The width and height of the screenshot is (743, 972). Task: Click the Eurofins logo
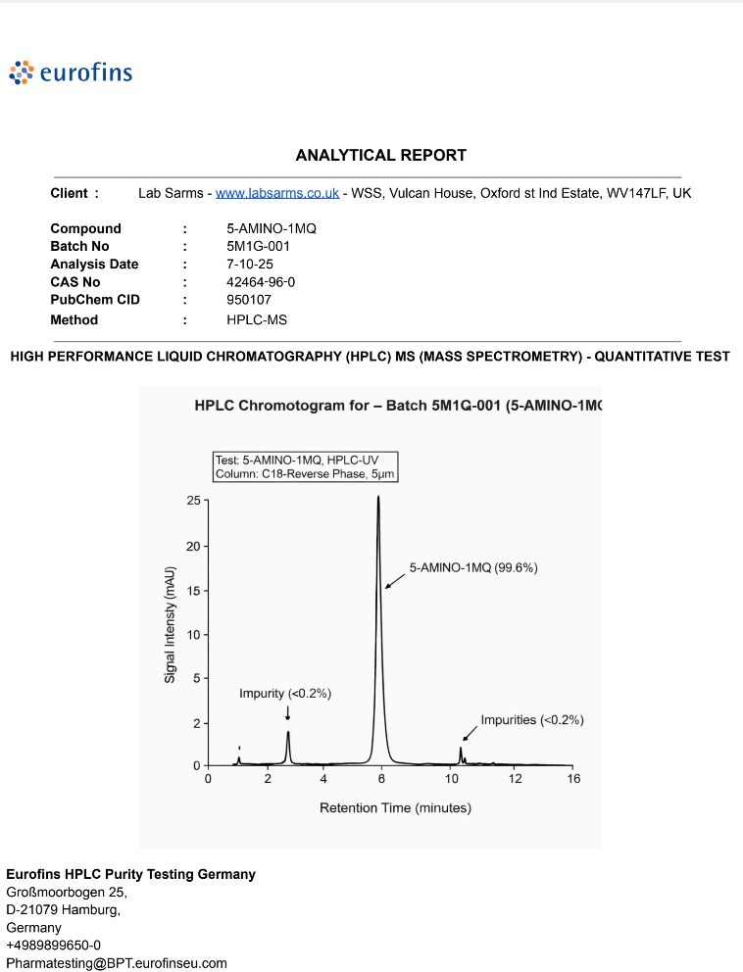click(71, 72)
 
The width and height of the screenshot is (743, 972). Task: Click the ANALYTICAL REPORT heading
click(381, 155)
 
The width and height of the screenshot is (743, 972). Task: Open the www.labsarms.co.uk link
click(277, 193)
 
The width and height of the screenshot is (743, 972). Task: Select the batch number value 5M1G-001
click(258, 246)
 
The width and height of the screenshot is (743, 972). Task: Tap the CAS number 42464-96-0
click(261, 282)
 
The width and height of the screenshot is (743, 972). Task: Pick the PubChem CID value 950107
click(249, 300)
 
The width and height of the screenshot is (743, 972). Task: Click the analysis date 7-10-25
click(250, 265)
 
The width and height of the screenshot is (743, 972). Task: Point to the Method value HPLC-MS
click(257, 319)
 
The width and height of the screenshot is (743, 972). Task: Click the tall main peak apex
click(378, 498)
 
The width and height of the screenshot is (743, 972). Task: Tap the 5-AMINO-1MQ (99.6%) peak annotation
click(473, 567)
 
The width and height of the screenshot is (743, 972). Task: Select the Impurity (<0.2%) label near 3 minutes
click(285, 694)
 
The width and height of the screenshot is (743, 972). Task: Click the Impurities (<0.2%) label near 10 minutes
click(532, 719)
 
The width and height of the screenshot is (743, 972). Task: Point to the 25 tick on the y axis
click(194, 501)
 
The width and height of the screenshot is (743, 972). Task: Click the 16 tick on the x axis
click(573, 779)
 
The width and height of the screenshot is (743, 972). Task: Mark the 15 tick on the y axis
click(194, 590)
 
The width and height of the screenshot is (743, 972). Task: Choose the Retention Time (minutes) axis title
click(395, 808)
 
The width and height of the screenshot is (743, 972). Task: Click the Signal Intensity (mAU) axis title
click(170, 624)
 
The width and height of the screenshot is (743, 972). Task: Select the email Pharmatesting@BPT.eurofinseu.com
click(117, 963)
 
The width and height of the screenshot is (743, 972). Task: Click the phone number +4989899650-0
click(53, 946)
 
